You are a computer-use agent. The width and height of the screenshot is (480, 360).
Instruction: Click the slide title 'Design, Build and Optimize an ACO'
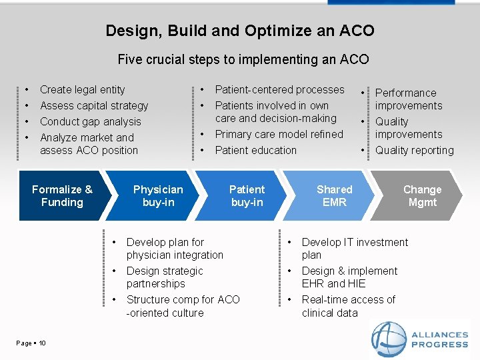click(240, 31)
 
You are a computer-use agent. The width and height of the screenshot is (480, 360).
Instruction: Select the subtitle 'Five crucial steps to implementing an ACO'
click(243, 59)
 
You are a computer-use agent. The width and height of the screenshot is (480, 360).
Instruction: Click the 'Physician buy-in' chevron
click(158, 196)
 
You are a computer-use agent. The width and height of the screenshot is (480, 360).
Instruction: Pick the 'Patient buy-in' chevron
click(247, 196)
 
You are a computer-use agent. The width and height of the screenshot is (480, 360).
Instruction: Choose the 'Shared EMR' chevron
click(334, 196)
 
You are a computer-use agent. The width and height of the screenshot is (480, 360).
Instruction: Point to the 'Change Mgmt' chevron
click(422, 196)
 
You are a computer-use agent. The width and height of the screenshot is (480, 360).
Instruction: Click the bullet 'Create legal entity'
click(82, 89)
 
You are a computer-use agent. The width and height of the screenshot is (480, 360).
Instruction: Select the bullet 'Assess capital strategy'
click(94, 105)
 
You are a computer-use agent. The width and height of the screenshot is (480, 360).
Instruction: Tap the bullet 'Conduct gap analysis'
click(91, 121)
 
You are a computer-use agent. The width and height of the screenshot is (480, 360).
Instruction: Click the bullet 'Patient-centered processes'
click(279, 89)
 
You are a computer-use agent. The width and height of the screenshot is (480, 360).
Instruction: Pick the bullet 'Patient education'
click(255, 150)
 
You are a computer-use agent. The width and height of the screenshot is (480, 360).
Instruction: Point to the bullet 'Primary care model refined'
click(279, 134)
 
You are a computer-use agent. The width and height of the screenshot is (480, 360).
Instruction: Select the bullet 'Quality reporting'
click(414, 150)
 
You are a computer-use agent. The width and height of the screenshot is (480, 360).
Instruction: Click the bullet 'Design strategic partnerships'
click(164, 277)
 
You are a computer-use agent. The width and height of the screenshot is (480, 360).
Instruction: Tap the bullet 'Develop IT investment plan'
click(354, 249)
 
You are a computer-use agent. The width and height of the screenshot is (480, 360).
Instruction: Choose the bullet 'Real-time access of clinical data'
click(348, 306)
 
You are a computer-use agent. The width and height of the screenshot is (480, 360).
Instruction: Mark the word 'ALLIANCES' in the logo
click(440, 335)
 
